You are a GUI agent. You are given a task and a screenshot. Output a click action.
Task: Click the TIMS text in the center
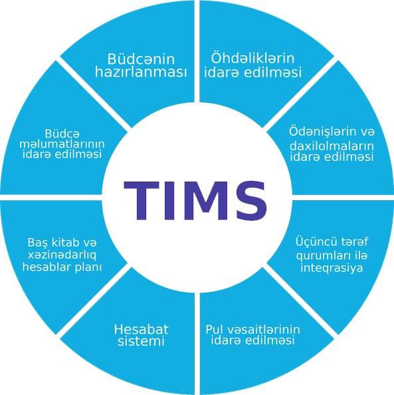pos(195,201)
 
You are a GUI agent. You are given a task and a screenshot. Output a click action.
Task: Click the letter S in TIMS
pos(252,201)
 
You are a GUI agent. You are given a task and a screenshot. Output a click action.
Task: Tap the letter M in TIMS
pos(206,201)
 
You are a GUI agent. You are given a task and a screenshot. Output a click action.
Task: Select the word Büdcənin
pos(141,59)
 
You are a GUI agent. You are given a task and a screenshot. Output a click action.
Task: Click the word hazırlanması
pos(141,72)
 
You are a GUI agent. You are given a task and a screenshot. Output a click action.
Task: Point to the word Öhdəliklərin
pos(252,58)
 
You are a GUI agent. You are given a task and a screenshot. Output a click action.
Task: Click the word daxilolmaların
pos(332,146)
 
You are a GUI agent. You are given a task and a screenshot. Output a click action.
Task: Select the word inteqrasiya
pos(332,268)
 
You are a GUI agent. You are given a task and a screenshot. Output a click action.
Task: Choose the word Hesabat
pos(142,329)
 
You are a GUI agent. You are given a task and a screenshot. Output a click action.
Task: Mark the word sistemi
pos(142,341)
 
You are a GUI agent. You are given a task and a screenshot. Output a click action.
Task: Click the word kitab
pos(62,242)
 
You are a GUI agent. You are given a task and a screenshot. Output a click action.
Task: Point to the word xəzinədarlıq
pos(62,255)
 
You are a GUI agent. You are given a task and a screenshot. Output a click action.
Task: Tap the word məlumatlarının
pos(62,144)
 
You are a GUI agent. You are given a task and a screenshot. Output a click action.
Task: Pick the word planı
pos(88,267)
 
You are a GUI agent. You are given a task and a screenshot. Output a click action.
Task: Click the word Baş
pos(38,243)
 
